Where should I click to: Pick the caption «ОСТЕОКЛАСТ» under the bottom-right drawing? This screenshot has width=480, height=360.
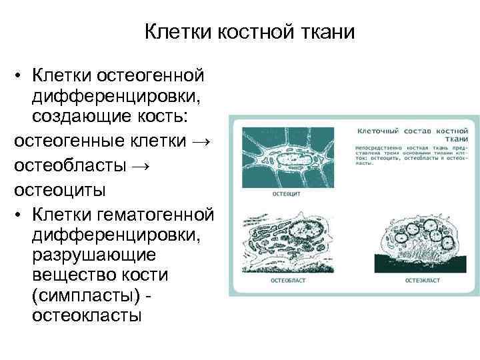[422, 281]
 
